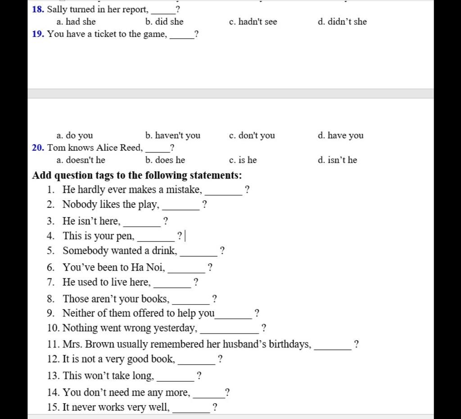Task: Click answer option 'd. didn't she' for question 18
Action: click(342, 22)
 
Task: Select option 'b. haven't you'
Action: click(173, 135)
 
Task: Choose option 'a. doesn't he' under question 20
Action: click(81, 160)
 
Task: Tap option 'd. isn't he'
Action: click(337, 160)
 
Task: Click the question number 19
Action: click(38, 34)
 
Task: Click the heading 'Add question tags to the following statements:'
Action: click(137, 175)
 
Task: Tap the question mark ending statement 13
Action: click(199, 375)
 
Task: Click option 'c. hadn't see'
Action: click(253, 22)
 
